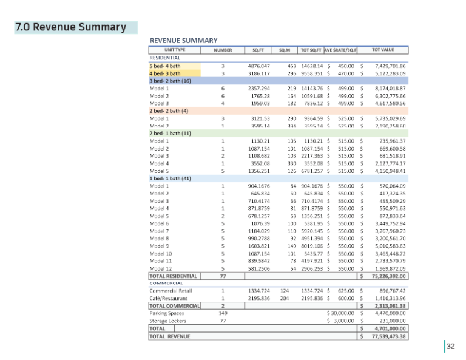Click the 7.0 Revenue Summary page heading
click(70, 27)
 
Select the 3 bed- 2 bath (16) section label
click(171, 81)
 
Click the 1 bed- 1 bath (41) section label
click(171, 178)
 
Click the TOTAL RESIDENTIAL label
click(174, 276)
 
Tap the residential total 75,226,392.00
click(388, 276)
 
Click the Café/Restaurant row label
click(170, 298)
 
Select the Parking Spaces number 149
click(223, 313)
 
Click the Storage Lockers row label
click(170, 321)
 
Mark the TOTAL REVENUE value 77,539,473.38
click(388, 336)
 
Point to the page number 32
click(450, 347)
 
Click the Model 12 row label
click(160, 268)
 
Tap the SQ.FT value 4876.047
click(258, 66)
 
